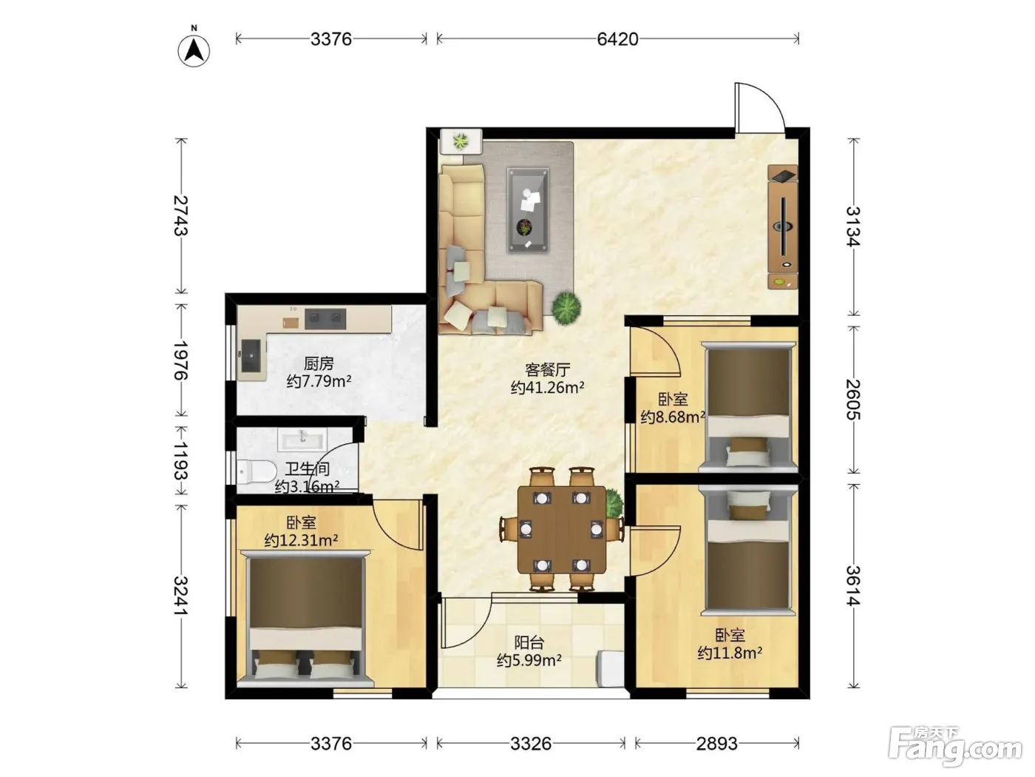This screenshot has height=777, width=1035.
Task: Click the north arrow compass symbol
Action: coord(194,49)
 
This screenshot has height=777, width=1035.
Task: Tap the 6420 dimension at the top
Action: coord(617,38)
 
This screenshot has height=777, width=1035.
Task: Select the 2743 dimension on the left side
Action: coord(180,215)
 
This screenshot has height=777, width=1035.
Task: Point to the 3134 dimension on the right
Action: coord(853,227)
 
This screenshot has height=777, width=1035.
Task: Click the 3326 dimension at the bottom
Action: coord(531,744)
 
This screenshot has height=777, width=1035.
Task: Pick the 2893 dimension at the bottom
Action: coord(716,744)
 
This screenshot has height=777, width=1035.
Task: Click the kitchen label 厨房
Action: coord(319,363)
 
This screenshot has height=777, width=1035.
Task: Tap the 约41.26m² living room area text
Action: coord(548,387)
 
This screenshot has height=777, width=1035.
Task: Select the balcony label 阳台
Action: coord(529,642)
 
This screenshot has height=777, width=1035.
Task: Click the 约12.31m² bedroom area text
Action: coord(301,539)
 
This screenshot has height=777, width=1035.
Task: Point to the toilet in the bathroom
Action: coord(256,471)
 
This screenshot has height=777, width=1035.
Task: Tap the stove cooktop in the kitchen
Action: coord(325,319)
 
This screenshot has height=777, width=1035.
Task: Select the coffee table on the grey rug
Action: coord(528,210)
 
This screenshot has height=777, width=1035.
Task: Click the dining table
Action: coord(561,530)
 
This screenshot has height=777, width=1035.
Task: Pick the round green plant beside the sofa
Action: coord(566,308)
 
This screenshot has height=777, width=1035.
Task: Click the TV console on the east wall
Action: coord(782,227)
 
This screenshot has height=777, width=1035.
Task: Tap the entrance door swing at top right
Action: coord(760,107)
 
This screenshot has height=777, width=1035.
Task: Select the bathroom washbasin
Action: coord(302,440)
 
